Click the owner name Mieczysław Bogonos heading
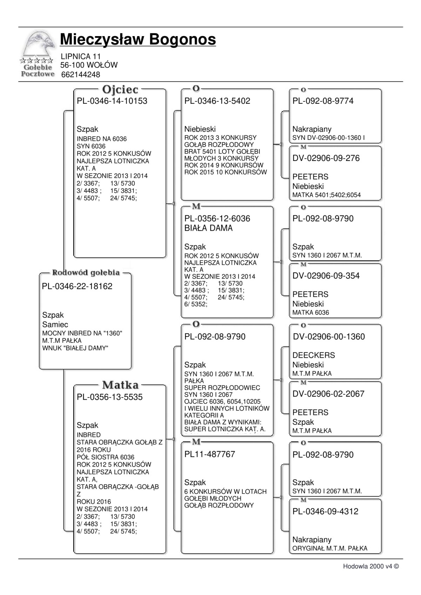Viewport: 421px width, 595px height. click(138, 39)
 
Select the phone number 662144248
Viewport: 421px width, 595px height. click(80, 75)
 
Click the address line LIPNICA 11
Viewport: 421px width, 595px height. click(81, 56)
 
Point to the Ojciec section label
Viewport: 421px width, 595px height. click(120, 90)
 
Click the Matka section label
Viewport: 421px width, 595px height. click(120, 385)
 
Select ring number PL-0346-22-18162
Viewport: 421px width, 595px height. click(77, 286)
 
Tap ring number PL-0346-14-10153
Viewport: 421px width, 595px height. click(112, 101)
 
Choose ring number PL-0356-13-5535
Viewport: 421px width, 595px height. click(109, 397)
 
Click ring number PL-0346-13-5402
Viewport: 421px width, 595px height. click(217, 101)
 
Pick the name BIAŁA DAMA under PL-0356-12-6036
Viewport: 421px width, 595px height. click(208, 228)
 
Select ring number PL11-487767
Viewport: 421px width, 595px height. click(209, 454)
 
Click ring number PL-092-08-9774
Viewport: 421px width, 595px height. click(323, 101)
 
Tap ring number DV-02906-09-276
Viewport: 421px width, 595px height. click(326, 158)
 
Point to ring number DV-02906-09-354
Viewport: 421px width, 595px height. click(326, 276)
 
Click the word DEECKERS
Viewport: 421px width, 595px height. click(314, 355)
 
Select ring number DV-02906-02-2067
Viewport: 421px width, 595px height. click(328, 394)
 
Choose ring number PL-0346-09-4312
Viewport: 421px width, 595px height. click(325, 512)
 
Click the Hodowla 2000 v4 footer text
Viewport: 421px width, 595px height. click(370, 566)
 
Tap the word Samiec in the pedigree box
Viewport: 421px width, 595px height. click(55, 325)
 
